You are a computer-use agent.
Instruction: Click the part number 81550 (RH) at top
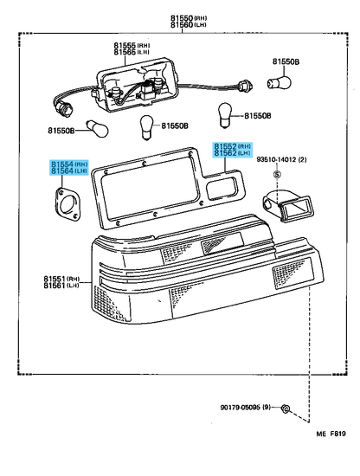click(188, 18)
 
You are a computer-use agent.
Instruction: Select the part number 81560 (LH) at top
click(188, 25)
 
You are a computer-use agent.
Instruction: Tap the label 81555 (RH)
click(132, 45)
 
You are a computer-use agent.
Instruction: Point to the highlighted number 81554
click(62, 164)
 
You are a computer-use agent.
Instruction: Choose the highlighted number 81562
click(225, 153)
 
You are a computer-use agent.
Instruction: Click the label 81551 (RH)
click(61, 279)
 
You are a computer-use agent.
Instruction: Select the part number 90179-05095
click(240, 407)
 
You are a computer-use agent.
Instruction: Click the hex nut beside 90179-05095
click(285, 408)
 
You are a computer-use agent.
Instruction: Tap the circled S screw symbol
click(277, 175)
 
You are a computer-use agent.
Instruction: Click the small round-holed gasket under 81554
click(68, 204)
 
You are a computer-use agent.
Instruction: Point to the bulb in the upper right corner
click(279, 82)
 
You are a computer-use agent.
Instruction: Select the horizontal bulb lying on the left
click(97, 129)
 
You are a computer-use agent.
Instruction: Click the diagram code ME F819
click(331, 434)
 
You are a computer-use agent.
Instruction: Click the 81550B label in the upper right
click(286, 62)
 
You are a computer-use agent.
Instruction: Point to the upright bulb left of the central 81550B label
click(147, 128)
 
